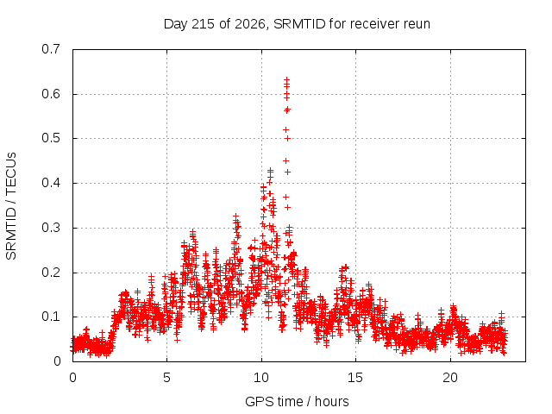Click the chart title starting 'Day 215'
[297, 24]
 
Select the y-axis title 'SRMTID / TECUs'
[11, 206]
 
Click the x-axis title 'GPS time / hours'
[297, 402]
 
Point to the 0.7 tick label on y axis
[51, 49]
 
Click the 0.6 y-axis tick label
[51, 94]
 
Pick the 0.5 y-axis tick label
[51, 138]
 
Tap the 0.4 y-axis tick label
[51, 183]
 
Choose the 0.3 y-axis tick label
[51, 228]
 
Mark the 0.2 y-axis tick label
[51, 273]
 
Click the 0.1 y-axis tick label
[51, 317]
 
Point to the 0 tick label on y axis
[57, 361]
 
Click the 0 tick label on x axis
[72, 378]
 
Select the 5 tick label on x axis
[166, 378]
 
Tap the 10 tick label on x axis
[261, 378]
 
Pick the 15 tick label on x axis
[355, 378]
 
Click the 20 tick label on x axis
[450, 378]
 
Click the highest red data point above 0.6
[287, 80]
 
